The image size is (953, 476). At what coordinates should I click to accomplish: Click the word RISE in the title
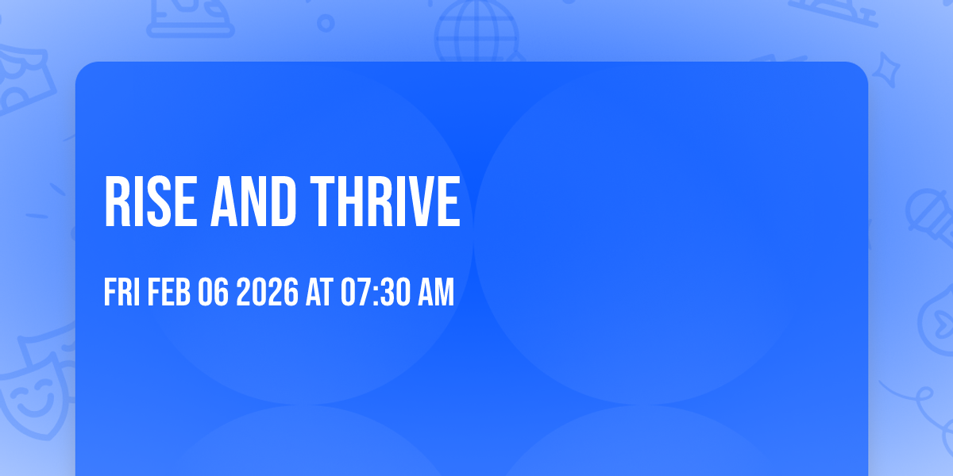coord(150,202)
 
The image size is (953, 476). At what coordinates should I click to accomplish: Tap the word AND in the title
coord(254,202)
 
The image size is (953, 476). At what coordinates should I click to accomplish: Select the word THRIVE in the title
coord(385,202)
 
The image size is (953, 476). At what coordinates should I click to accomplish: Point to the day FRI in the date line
coord(122,293)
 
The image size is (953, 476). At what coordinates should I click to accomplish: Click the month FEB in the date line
coord(168,293)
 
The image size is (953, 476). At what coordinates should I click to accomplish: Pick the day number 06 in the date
coord(214,293)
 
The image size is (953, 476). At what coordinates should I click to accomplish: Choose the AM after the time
coord(436,293)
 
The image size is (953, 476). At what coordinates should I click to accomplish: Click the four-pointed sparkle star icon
coord(890,68)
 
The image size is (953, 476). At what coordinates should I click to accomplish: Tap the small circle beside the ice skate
coord(325,23)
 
